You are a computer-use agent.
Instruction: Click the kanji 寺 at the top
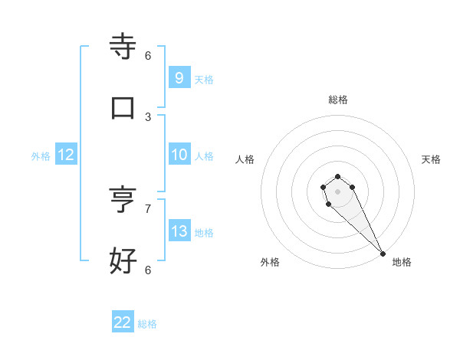(123, 46)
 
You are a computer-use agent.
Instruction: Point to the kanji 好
(123, 260)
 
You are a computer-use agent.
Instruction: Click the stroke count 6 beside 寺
(148, 55)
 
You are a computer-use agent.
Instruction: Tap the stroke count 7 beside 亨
(148, 208)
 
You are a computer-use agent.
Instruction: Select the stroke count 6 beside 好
(148, 270)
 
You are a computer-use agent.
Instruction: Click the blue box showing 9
(179, 77)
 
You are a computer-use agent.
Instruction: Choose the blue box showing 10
(179, 155)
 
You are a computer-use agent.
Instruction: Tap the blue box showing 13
(179, 231)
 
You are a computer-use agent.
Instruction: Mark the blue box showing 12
(65, 155)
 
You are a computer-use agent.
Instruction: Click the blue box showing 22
(123, 322)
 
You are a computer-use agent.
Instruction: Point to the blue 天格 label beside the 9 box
(204, 79)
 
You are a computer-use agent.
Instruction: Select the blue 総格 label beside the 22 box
(147, 324)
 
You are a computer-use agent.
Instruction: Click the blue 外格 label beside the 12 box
(41, 156)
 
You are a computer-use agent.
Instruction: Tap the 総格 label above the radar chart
(338, 100)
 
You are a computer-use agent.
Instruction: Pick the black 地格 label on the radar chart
(402, 262)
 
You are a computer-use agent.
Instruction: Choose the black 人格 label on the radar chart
(245, 159)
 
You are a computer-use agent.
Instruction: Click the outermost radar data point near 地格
(383, 254)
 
